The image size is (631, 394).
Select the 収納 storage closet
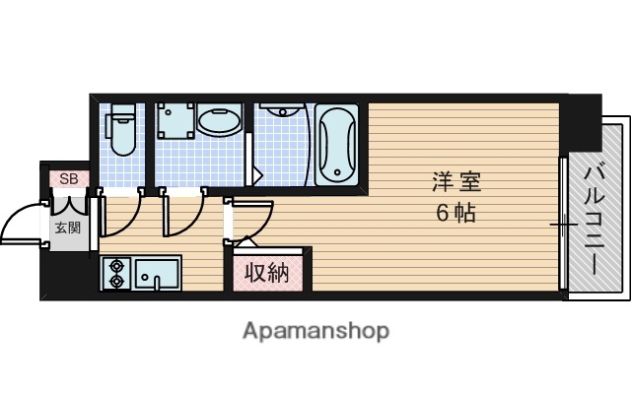(x=266, y=272)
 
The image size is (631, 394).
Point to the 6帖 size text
(x=456, y=212)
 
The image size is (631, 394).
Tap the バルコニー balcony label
(x=595, y=221)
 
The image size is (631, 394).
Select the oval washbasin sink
(x=218, y=122)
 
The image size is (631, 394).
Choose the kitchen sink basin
(x=157, y=273)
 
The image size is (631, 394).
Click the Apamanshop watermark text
(x=315, y=331)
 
